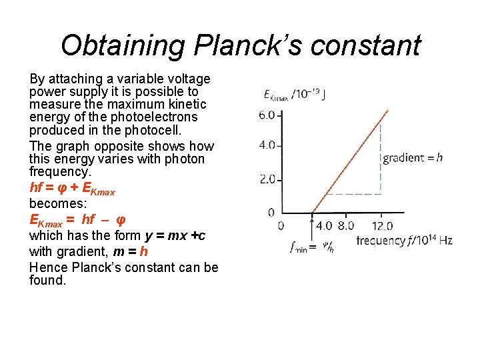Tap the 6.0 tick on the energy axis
pos(266,115)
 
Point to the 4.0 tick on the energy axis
pos(266,145)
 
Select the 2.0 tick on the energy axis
pos(266,179)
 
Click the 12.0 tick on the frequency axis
pos(381,227)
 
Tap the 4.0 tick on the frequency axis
pos(323,227)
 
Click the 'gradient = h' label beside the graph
pos(412,158)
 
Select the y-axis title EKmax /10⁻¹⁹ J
pos(294,94)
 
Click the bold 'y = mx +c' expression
pos(175,235)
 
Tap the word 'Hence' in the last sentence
pos(46,267)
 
